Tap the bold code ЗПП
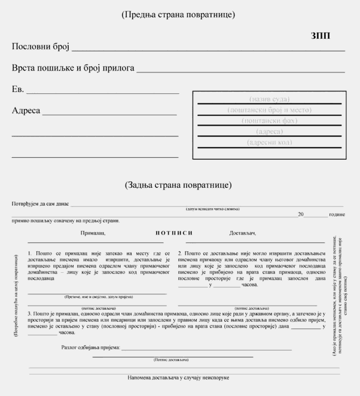[321, 35]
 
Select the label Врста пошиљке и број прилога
[73, 68]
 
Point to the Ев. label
[18, 90]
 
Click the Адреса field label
[26, 111]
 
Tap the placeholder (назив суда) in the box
[269, 99]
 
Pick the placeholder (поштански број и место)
[269, 110]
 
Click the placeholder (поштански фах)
[269, 121]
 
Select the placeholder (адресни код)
[269, 142]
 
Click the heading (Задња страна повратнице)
[178, 185]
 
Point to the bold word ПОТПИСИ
[174, 233]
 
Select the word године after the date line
[337, 214]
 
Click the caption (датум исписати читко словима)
[212, 209]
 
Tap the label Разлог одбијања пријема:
[91, 348]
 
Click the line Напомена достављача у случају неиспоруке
[178, 378]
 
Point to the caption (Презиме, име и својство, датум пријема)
[98, 297]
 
